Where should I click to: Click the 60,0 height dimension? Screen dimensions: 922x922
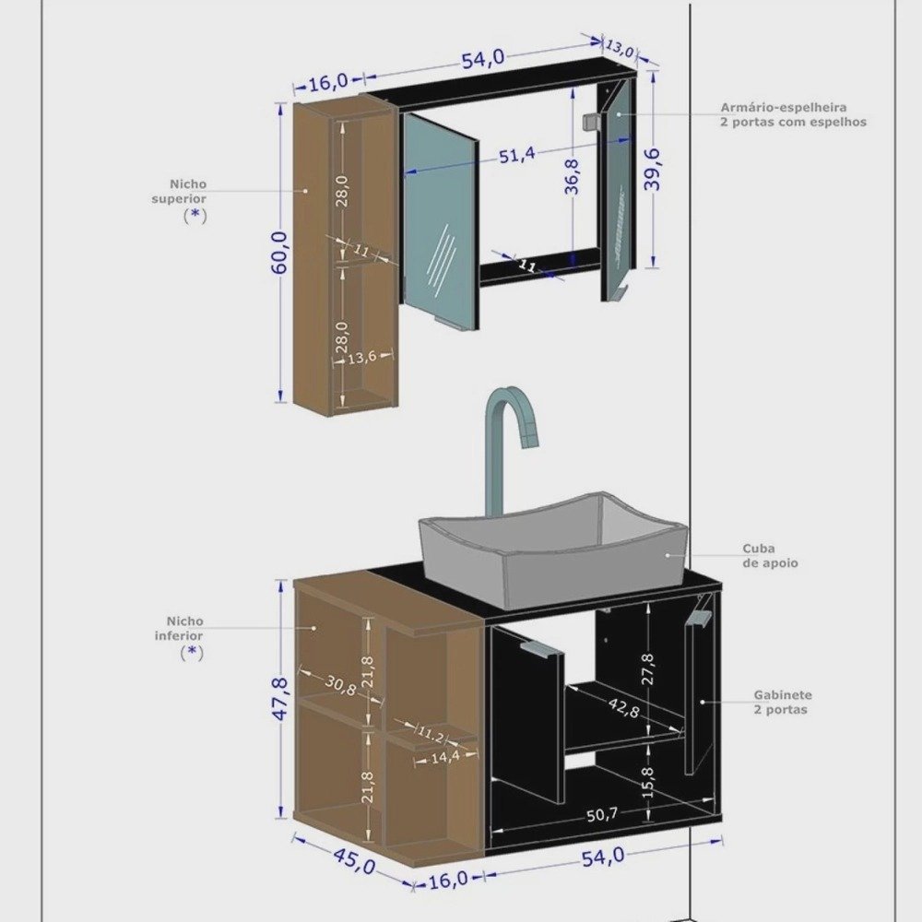[280, 253]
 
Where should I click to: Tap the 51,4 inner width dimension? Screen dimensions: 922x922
[517, 156]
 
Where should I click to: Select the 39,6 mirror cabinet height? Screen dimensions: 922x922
[652, 170]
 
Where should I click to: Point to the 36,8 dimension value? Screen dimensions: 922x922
[572, 176]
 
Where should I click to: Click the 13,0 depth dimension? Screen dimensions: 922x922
[620, 48]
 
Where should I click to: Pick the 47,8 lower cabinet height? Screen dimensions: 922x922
[280, 699]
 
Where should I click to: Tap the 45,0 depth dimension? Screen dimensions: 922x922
[355, 861]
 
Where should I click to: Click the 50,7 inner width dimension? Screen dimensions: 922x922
[601, 814]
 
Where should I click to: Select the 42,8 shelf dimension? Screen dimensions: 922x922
[623, 707]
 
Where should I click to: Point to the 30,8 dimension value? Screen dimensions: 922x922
[340, 685]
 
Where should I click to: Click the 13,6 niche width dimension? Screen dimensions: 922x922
[361, 357]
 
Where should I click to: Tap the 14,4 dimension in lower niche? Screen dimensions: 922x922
[445, 757]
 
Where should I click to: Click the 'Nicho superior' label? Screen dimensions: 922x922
[180, 192]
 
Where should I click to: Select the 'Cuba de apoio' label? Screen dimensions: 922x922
[770, 556]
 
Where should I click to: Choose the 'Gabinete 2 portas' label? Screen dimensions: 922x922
[783, 702]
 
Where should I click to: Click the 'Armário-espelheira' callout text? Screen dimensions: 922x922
[784, 108]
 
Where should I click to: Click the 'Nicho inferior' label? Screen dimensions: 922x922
[179, 629]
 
